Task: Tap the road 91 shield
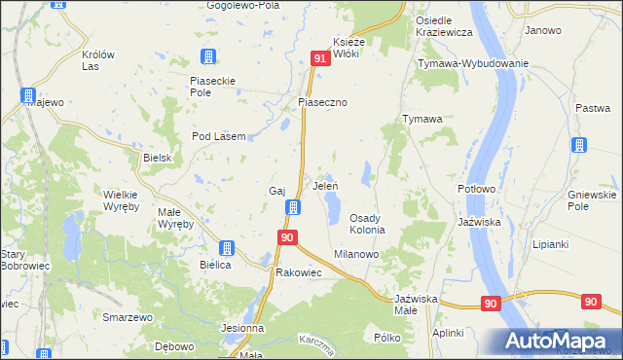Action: point(320,60)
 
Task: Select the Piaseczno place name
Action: point(323,101)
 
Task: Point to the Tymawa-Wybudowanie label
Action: point(473,63)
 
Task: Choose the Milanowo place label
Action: point(357,252)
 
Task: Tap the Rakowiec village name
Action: point(299,272)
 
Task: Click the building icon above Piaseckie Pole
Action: point(206,57)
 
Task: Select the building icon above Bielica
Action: point(227,248)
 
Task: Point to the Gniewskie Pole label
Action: point(591,199)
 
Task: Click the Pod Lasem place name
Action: point(217,136)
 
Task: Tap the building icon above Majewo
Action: point(29,95)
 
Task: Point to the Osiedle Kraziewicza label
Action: point(444,27)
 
